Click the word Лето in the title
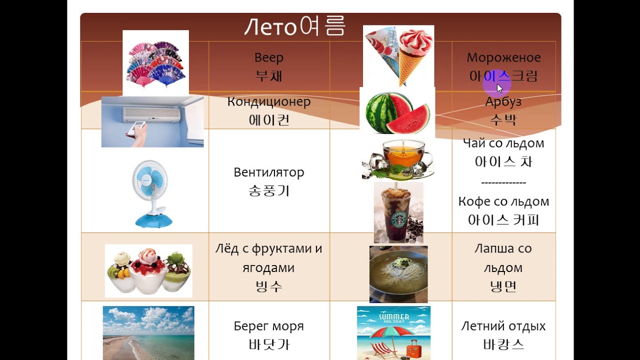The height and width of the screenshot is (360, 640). (x=270, y=27)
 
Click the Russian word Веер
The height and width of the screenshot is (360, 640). (x=269, y=57)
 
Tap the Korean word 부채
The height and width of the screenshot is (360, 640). (x=269, y=76)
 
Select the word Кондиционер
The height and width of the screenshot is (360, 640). (x=269, y=101)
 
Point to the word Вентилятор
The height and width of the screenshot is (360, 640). (x=269, y=172)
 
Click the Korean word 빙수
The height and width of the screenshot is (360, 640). (x=269, y=286)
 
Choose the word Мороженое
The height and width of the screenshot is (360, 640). (x=503, y=57)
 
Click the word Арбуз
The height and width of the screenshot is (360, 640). (x=503, y=101)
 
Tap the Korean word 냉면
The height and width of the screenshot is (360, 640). (x=503, y=286)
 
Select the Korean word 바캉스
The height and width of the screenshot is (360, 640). (x=503, y=345)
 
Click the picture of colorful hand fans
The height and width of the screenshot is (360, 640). (x=155, y=63)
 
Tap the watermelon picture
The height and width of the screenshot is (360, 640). (x=397, y=111)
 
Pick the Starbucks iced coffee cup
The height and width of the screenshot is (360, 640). (x=398, y=212)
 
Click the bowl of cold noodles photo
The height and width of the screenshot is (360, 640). (x=398, y=274)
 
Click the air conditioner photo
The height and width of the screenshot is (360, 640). (x=152, y=122)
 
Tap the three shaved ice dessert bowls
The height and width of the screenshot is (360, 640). (x=148, y=271)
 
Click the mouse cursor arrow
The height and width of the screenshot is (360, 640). (x=499, y=88)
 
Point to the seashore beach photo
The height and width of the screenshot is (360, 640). (x=148, y=332)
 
